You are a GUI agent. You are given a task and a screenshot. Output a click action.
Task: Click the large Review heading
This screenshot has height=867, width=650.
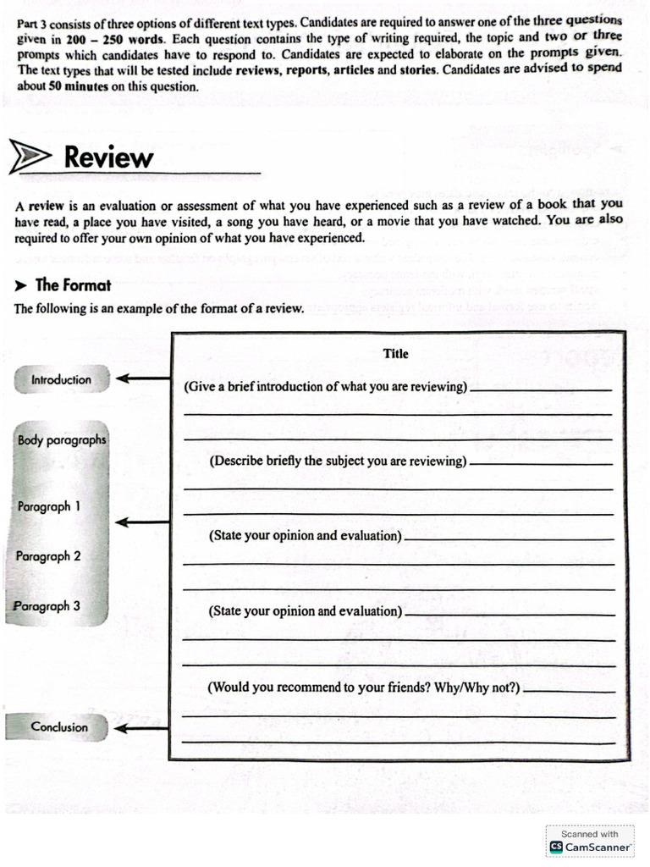click(x=108, y=157)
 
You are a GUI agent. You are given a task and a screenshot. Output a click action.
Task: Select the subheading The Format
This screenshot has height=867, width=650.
click(x=74, y=285)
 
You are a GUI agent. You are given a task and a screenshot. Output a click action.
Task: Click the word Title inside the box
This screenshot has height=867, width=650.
click(x=395, y=354)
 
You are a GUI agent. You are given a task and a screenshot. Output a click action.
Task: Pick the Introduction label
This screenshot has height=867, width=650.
click(x=61, y=380)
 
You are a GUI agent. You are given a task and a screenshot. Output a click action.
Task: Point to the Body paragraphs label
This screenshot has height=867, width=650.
click(x=62, y=440)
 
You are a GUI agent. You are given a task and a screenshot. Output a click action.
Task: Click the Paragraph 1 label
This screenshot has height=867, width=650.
click(x=49, y=506)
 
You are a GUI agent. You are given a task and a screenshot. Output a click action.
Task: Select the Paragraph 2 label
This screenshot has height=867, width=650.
click(x=49, y=556)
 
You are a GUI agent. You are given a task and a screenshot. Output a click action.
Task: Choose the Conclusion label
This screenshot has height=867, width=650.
click(x=58, y=726)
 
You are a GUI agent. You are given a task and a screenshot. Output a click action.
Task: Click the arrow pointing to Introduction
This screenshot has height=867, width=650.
click(x=142, y=379)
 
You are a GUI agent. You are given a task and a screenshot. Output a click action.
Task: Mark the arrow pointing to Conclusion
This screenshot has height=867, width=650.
click(x=142, y=727)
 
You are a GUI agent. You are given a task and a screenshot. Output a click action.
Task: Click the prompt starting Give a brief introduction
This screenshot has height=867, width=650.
click(x=326, y=387)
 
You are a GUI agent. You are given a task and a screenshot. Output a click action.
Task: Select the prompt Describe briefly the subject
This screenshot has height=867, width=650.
click(x=338, y=461)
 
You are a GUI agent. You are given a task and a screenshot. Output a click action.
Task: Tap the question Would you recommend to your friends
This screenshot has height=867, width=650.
click(x=364, y=687)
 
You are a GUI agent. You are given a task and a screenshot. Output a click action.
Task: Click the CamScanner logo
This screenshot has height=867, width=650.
click(x=556, y=847)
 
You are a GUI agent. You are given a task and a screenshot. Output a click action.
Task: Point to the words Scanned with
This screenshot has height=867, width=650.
click(x=590, y=834)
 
